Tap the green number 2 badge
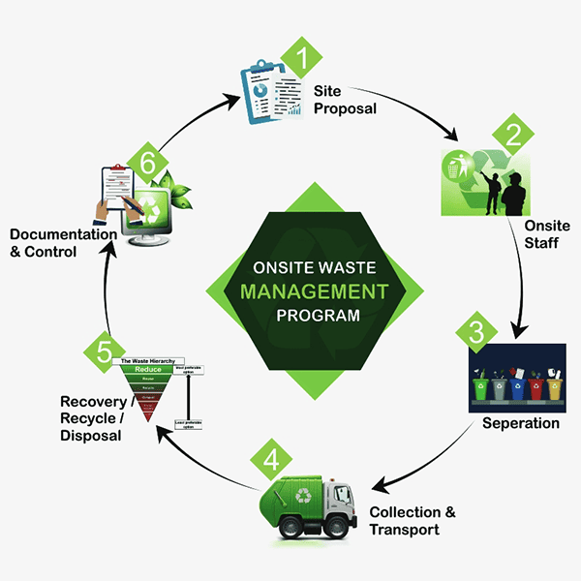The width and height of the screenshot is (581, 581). click(508, 134)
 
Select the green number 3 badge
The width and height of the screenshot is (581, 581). click(475, 332)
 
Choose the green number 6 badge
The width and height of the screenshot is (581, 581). click(147, 166)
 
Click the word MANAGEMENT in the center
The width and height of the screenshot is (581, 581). click(315, 290)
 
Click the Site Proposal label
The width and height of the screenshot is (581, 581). click(344, 100)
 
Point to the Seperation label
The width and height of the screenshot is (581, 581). click(521, 423)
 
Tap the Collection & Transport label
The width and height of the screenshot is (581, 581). click(412, 521)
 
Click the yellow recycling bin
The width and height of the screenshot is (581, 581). click(555, 385)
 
